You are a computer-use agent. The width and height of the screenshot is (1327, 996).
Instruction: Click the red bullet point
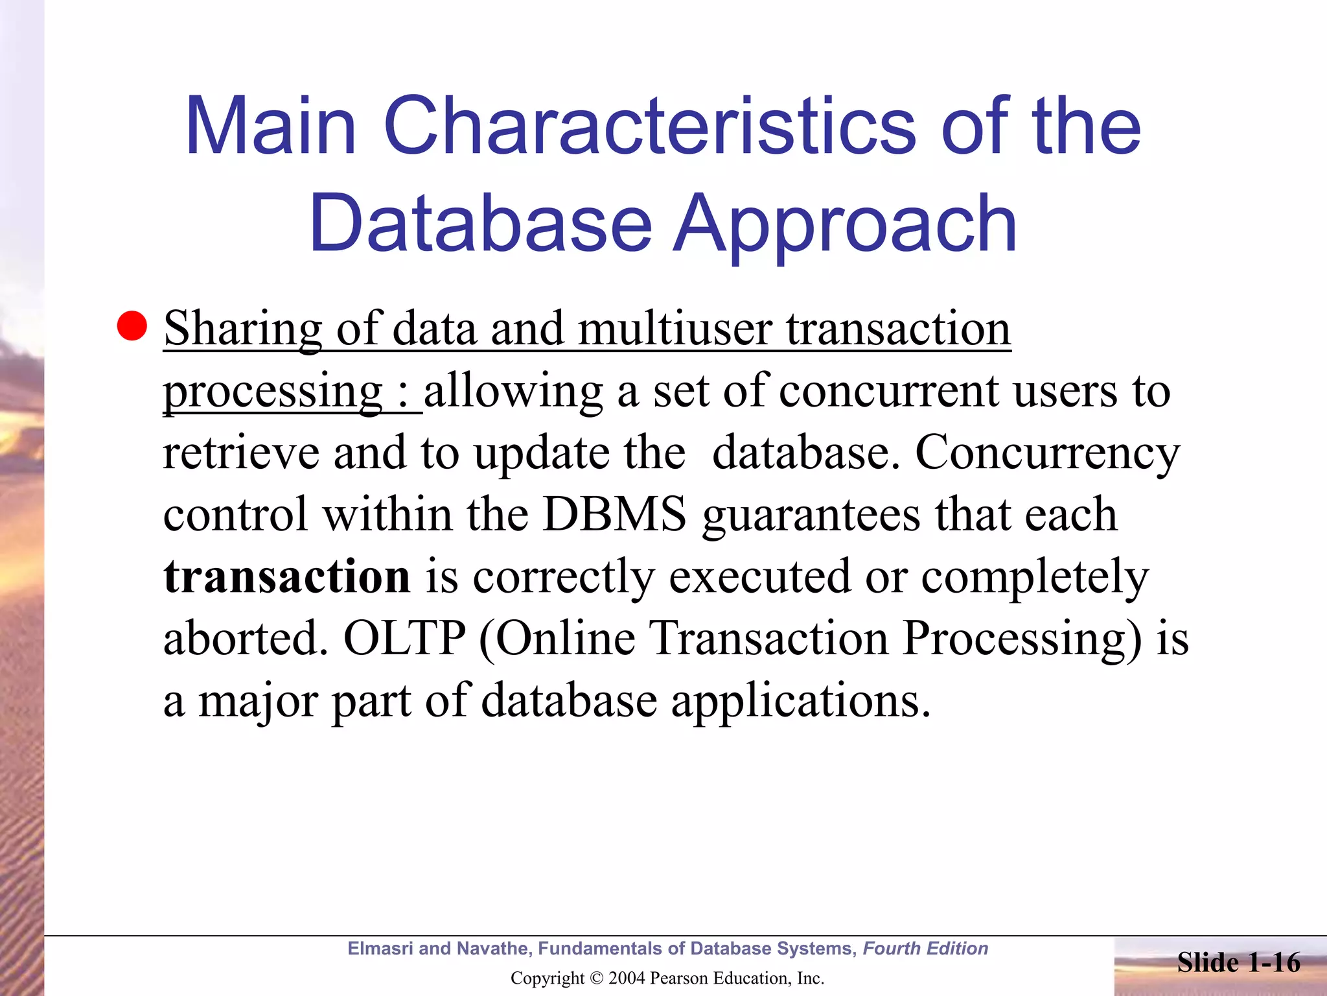pos(132,326)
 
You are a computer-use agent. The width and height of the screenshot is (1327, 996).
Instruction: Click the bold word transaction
pos(286,576)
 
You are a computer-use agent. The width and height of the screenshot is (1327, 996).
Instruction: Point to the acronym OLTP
pos(404,639)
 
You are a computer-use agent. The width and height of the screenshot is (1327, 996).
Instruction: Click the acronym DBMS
pos(614,514)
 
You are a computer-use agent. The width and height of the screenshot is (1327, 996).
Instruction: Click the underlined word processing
pos(273,391)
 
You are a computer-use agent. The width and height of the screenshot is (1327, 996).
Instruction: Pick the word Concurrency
pos(1047,453)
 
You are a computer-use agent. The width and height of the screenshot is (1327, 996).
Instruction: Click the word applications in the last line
pos(801,701)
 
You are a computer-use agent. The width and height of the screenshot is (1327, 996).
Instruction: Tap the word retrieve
pos(240,453)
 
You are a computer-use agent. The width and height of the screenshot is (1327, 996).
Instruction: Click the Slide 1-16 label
pos(1238,962)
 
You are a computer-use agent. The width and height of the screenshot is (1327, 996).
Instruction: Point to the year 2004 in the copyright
pos(626,978)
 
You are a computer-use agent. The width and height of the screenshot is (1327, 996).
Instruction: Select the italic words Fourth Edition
pos(925,949)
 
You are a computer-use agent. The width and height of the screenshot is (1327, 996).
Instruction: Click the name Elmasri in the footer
pos(380,949)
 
